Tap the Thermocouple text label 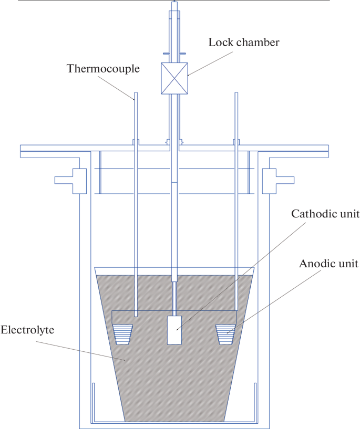(103, 68)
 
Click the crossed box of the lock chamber (174, 78)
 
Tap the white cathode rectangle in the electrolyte (174, 330)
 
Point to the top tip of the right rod (236, 95)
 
